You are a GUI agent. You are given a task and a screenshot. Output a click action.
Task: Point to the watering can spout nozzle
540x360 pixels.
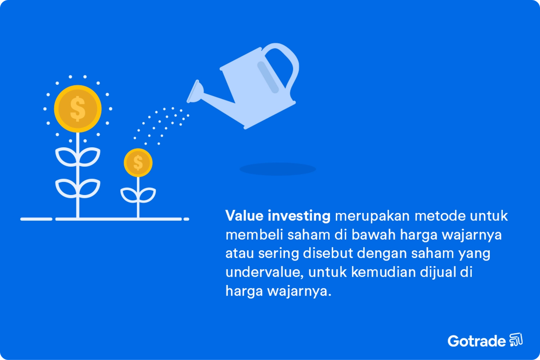pyautogui.click(x=195, y=92)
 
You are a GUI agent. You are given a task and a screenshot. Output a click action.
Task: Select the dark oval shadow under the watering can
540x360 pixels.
pyautogui.click(x=277, y=169)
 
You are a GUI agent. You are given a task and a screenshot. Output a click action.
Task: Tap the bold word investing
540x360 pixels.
pyautogui.click(x=299, y=216)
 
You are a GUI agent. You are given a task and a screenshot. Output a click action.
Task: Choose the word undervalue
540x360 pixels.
pyautogui.click(x=265, y=272)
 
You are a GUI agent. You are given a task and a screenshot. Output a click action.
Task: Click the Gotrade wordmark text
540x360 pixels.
pyautogui.click(x=477, y=341)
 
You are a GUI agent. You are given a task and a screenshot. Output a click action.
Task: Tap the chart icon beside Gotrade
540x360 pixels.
pyautogui.click(x=516, y=339)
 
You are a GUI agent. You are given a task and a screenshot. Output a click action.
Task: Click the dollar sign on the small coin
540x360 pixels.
pyautogui.click(x=138, y=162)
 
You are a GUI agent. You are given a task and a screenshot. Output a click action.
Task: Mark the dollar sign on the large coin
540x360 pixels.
pyautogui.click(x=78, y=108)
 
